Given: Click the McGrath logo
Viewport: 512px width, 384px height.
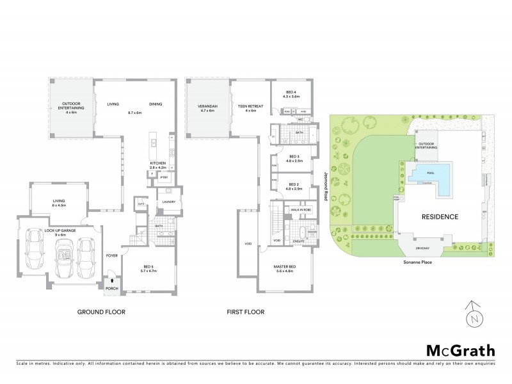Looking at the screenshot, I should [460, 350].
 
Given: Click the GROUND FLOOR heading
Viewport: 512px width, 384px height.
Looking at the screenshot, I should [101, 312].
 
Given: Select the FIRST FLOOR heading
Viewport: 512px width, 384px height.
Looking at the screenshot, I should [244, 312].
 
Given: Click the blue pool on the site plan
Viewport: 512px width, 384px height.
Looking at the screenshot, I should [433, 174].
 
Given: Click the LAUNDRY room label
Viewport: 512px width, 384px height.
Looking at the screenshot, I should [169, 202].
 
